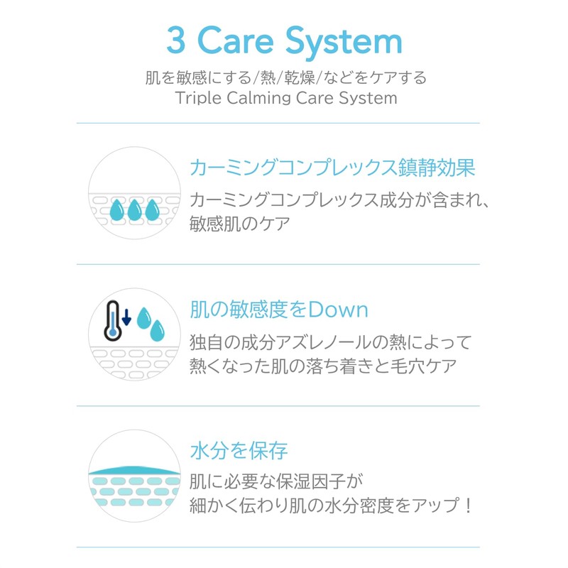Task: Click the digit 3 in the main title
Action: (x=176, y=40)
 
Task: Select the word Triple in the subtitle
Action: (x=198, y=98)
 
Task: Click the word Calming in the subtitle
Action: (x=258, y=98)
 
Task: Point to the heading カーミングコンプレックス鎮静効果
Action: (x=332, y=168)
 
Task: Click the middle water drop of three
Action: (x=134, y=209)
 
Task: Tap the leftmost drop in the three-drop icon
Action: (x=117, y=209)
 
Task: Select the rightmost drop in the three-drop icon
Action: (x=152, y=209)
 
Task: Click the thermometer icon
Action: (x=112, y=321)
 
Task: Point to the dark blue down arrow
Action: (x=126, y=317)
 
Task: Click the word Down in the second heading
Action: (x=338, y=310)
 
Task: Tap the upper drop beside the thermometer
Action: (x=144, y=317)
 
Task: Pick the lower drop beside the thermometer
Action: (x=157, y=330)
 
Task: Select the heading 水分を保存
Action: (x=239, y=451)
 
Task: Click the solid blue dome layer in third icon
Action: (x=134, y=470)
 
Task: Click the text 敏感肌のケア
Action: (x=240, y=224)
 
